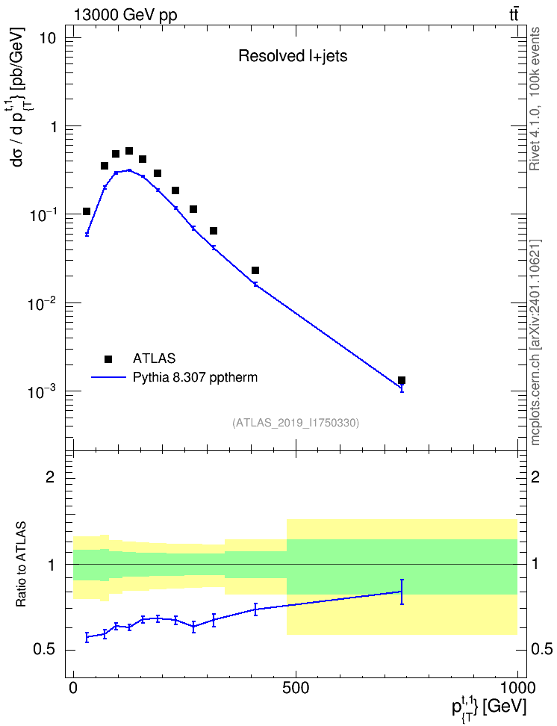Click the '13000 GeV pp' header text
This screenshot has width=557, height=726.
[x=125, y=15]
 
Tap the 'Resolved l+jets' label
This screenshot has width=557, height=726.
[x=293, y=56]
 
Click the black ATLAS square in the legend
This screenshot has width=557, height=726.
[x=108, y=359]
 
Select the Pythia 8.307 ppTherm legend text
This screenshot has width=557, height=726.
[x=195, y=378]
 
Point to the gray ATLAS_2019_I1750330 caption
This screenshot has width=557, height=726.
[x=296, y=422]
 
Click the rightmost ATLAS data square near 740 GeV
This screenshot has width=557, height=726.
[x=402, y=380]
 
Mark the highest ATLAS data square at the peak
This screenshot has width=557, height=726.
[x=129, y=151]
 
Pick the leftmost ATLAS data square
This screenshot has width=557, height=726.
[x=87, y=211]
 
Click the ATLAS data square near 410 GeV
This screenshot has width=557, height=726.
[x=255, y=270]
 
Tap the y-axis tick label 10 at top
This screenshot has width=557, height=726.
[x=47, y=38]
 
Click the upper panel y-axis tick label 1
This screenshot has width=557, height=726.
[x=53, y=126]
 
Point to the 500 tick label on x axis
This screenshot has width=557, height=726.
[x=296, y=688]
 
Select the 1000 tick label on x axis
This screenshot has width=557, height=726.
[x=517, y=688]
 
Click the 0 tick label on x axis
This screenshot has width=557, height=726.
[x=74, y=688]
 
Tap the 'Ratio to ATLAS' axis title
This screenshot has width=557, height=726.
[x=22, y=564]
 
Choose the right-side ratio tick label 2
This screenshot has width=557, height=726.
[x=535, y=477]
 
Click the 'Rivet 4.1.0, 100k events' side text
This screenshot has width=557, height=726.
[x=535, y=99]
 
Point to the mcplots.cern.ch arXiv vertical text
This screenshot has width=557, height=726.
[x=535, y=342]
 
